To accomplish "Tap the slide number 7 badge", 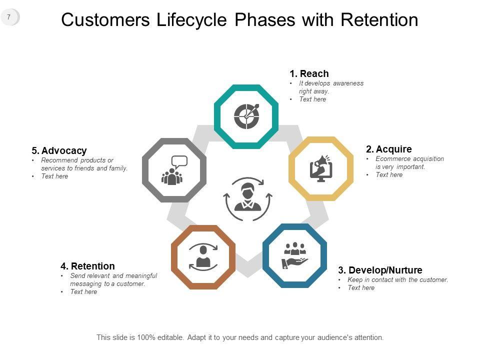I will (x=9, y=17).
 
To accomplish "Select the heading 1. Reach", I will (x=309, y=74).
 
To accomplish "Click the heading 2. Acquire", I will (x=388, y=149).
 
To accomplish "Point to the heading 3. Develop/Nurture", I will (x=380, y=270).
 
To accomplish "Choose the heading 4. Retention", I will (x=87, y=266).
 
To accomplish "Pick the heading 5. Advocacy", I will (x=59, y=150).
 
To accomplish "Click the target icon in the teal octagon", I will (x=246, y=116).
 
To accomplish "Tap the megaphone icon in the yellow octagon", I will (x=321, y=168).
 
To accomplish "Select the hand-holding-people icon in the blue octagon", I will (x=295, y=255).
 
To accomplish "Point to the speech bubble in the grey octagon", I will (x=179, y=161).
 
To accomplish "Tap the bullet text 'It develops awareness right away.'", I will (x=331, y=87).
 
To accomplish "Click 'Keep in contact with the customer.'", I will (x=397, y=279).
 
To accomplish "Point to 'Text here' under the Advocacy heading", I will (x=54, y=176).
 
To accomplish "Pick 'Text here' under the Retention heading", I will (x=83, y=292).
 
